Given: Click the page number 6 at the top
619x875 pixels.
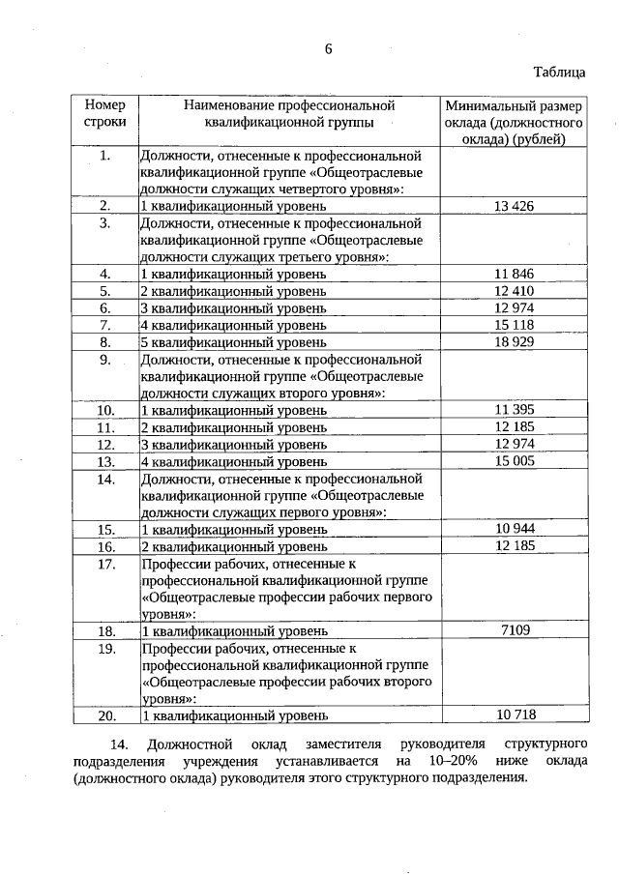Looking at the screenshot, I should coord(328,51).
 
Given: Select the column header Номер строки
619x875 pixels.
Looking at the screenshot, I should coord(105,114).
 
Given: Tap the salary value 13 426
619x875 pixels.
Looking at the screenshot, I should coord(514,206).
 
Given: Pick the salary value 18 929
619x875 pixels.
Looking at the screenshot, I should coord(514,341).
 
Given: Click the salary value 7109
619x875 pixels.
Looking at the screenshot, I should coord(514,630).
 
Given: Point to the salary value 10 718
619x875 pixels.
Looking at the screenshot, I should coord(514,715).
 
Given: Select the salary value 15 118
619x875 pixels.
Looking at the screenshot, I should coord(514,325).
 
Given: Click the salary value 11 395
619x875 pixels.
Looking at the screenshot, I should coord(514,410).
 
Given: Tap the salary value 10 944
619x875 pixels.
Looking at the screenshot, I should coord(514,529).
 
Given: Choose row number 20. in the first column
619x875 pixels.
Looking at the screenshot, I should coord(106,715).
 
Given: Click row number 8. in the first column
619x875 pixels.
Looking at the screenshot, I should coord(106,342).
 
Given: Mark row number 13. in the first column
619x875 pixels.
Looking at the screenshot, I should coord(106,462).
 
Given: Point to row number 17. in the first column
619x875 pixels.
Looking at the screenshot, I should coord(106,564).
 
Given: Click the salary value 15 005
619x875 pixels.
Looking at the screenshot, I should coord(514,461).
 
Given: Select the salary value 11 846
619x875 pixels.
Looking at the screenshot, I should coord(514,274).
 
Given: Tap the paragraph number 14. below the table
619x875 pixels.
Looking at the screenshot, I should coord(120,744).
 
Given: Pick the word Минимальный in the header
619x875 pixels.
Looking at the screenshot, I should coord(486,105).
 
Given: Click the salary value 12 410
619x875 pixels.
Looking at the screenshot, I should coord(514,291).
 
